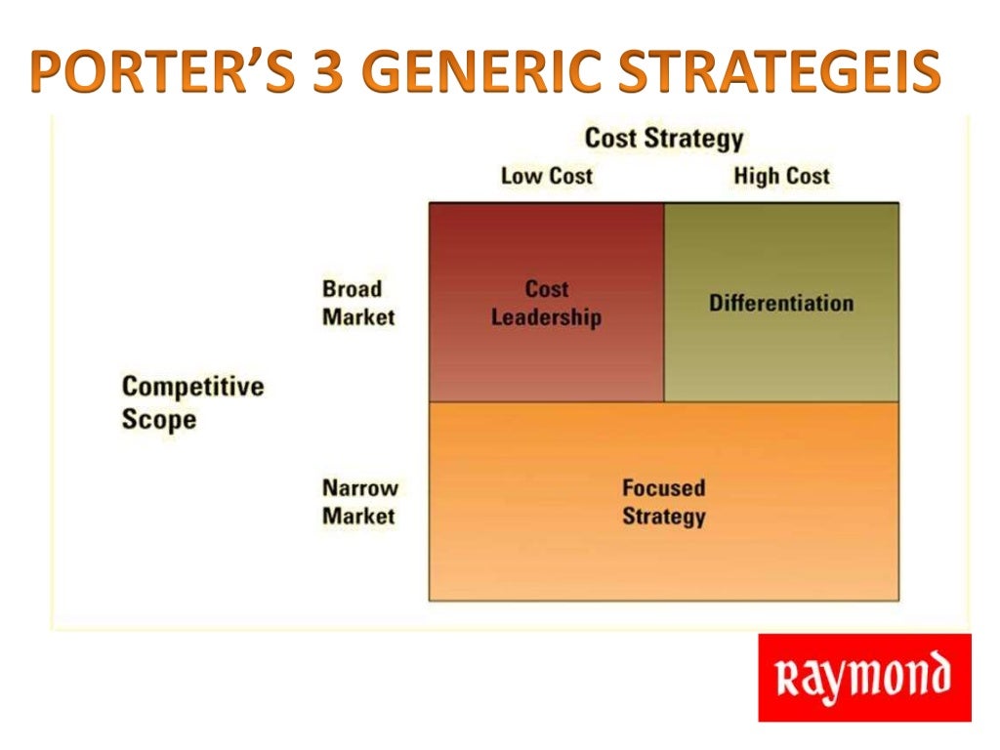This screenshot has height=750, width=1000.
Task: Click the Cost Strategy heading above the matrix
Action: [x=663, y=139]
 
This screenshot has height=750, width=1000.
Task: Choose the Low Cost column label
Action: [x=546, y=177]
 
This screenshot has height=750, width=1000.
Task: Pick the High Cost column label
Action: [x=781, y=177]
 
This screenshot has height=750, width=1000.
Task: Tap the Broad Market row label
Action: [x=358, y=303]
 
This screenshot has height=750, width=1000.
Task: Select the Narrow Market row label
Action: [x=360, y=501]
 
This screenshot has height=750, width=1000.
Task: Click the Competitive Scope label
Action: [x=192, y=402]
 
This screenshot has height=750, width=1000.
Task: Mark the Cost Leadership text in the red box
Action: [x=546, y=303]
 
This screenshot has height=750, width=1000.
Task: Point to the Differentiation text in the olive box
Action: [x=781, y=303]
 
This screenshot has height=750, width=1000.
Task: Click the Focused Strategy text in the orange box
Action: [x=663, y=501]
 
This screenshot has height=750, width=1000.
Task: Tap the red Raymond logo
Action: [x=864, y=678]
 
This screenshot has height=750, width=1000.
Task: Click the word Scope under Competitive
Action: [x=158, y=420]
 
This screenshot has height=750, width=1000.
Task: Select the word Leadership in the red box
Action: [x=546, y=317]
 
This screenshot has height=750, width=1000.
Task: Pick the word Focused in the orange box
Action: [x=663, y=487]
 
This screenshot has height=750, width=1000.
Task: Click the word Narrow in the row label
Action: [x=360, y=487]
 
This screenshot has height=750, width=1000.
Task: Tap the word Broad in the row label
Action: [x=352, y=289]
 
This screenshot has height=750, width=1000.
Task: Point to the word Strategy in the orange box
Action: [x=663, y=516]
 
